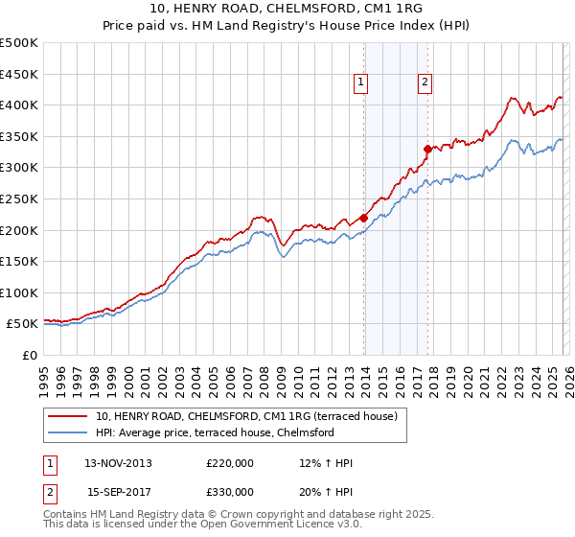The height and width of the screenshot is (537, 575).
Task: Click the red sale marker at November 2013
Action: (x=364, y=218)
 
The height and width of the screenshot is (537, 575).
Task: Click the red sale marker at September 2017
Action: (x=428, y=149)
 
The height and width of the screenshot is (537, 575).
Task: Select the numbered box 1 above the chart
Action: (x=361, y=83)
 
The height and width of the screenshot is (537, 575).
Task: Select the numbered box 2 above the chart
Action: (x=424, y=83)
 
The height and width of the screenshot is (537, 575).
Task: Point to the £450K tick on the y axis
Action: (x=19, y=74)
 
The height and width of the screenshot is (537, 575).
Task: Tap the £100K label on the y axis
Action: (x=19, y=292)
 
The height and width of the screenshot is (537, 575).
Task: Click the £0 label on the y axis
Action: (x=30, y=355)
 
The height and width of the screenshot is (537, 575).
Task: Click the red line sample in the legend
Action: (x=69, y=416)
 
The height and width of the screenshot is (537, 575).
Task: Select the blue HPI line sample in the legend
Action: (x=69, y=432)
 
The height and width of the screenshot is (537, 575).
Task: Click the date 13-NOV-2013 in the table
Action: (x=119, y=463)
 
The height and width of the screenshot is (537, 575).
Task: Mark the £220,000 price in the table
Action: (x=230, y=463)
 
